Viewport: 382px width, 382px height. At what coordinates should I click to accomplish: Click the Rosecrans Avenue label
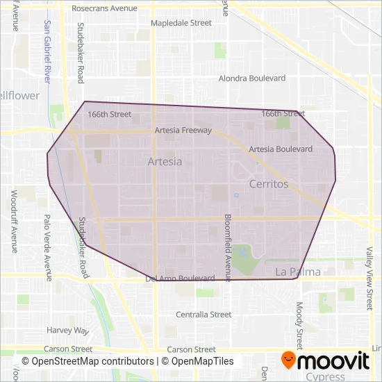pyautogui.click(x=108, y=9)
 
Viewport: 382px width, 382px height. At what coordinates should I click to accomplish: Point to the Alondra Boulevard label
pyautogui.click(x=252, y=79)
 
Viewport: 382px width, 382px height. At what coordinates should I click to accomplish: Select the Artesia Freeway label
pyautogui.click(x=183, y=130)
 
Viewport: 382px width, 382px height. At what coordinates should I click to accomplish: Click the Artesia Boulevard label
pyautogui.click(x=281, y=149)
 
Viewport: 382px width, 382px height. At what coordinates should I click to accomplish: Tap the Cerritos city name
pyautogui.click(x=268, y=184)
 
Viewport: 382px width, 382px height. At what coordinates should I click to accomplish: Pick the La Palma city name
pyautogui.click(x=298, y=272)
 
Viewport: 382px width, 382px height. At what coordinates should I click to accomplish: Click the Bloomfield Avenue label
pyautogui.click(x=227, y=248)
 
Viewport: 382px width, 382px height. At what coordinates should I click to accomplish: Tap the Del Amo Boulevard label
pyautogui.click(x=180, y=279)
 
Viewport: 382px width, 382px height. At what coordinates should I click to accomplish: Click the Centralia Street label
pyautogui.click(x=204, y=315)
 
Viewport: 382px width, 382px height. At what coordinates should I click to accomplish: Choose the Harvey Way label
pyautogui.click(x=68, y=331)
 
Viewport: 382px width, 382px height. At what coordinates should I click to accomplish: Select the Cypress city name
pyautogui.click(x=326, y=377)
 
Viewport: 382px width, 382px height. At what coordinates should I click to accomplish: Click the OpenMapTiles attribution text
pyautogui.click(x=198, y=361)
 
